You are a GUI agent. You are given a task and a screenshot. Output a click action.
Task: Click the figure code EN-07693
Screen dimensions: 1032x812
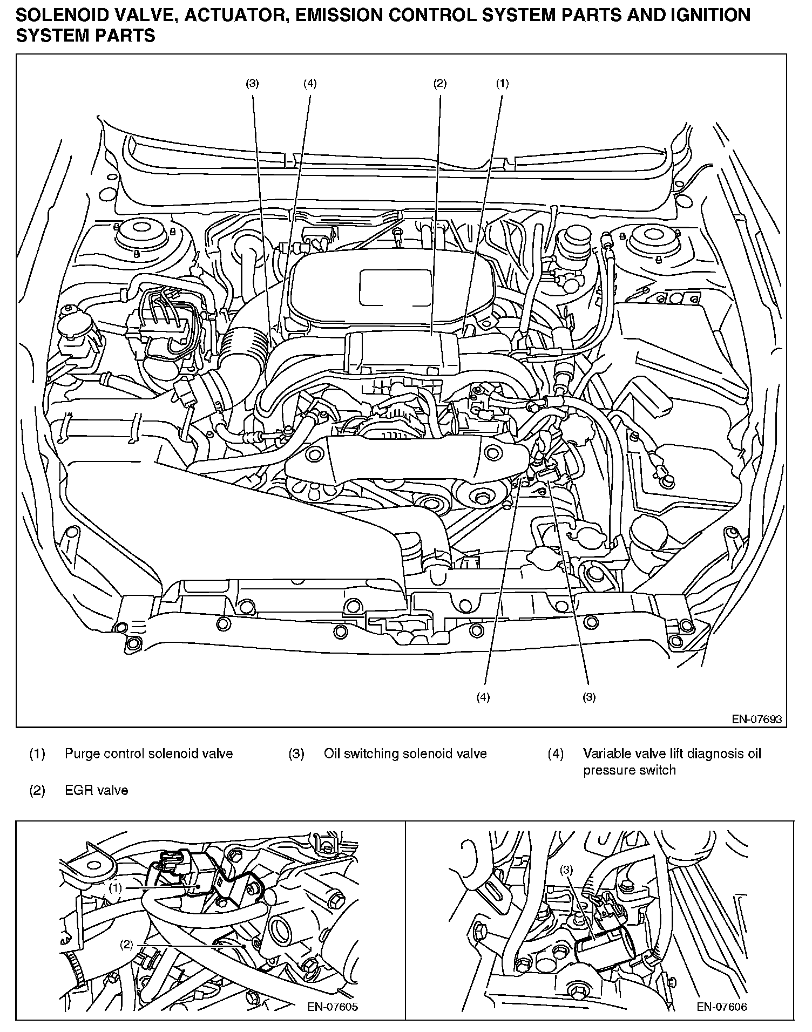coord(756,719)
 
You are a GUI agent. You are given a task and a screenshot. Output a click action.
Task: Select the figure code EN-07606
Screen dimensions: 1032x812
coord(722,1007)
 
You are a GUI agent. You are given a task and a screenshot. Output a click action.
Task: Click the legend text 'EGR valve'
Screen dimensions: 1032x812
coord(96,791)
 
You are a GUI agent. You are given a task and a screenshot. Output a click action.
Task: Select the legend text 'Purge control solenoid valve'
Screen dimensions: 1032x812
coord(148,753)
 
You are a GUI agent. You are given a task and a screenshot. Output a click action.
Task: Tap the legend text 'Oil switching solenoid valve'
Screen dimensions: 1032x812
coord(405,753)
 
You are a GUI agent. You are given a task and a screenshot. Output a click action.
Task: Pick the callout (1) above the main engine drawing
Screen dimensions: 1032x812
coord(502,83)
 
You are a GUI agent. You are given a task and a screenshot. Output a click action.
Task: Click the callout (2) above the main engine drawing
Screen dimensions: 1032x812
coord(439,83)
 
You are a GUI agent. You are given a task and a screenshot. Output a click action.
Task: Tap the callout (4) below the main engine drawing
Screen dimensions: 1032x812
coord(483,697)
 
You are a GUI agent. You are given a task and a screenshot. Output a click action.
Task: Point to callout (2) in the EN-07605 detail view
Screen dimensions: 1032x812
coord(126,945)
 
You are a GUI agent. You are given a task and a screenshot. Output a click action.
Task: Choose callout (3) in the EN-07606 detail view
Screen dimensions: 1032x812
coord(566,870)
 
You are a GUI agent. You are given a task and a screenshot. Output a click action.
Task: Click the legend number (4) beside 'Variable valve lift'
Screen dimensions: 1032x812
coord(556,753)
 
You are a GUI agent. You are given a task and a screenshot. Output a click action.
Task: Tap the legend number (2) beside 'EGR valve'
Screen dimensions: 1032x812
coord(37,791)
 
